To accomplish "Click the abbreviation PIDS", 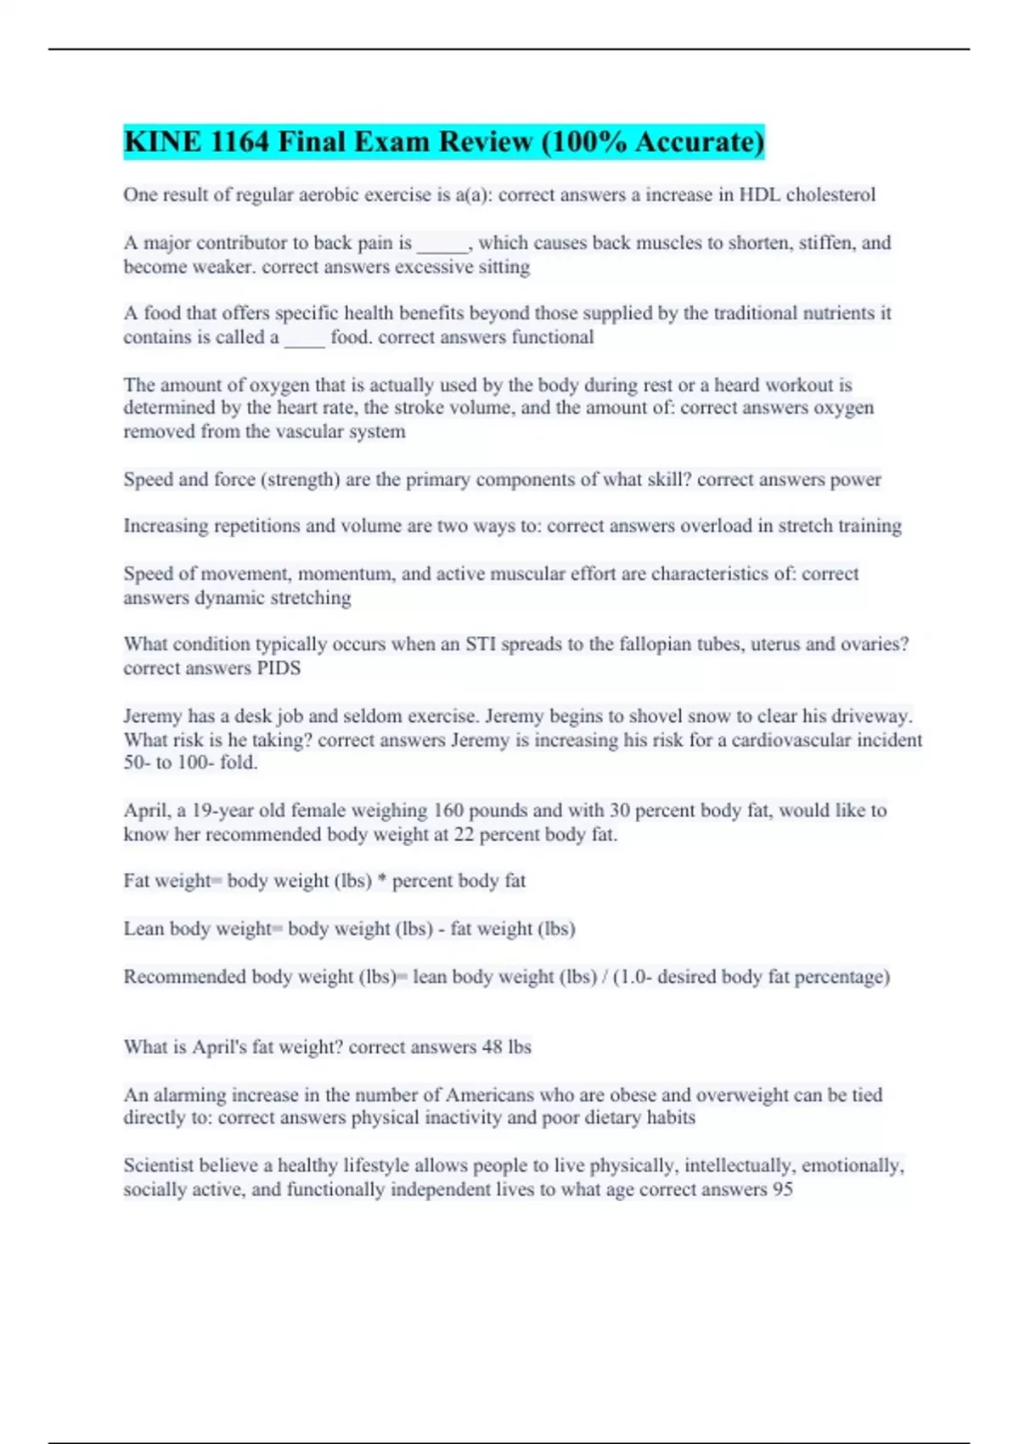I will (279, 668).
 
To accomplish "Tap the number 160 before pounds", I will (448, 810).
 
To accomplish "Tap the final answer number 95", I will (782, 1189).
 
